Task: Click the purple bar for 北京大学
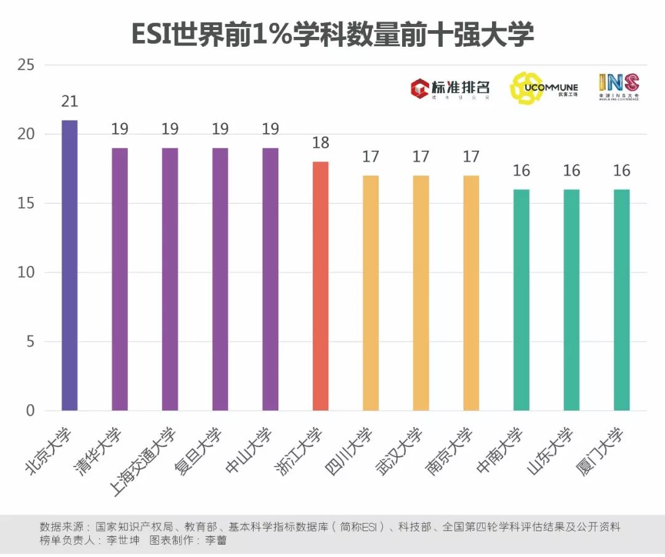[70, 265]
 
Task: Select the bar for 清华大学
[119, 279]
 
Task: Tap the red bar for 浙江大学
[320, 286]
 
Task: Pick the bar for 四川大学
[371, 293]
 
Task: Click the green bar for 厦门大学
[621, 300]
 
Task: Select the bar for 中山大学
[270, 279]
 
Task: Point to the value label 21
[70, 102]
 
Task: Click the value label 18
[320, 143]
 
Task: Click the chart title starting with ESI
[332, 35]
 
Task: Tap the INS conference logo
[619, 87]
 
